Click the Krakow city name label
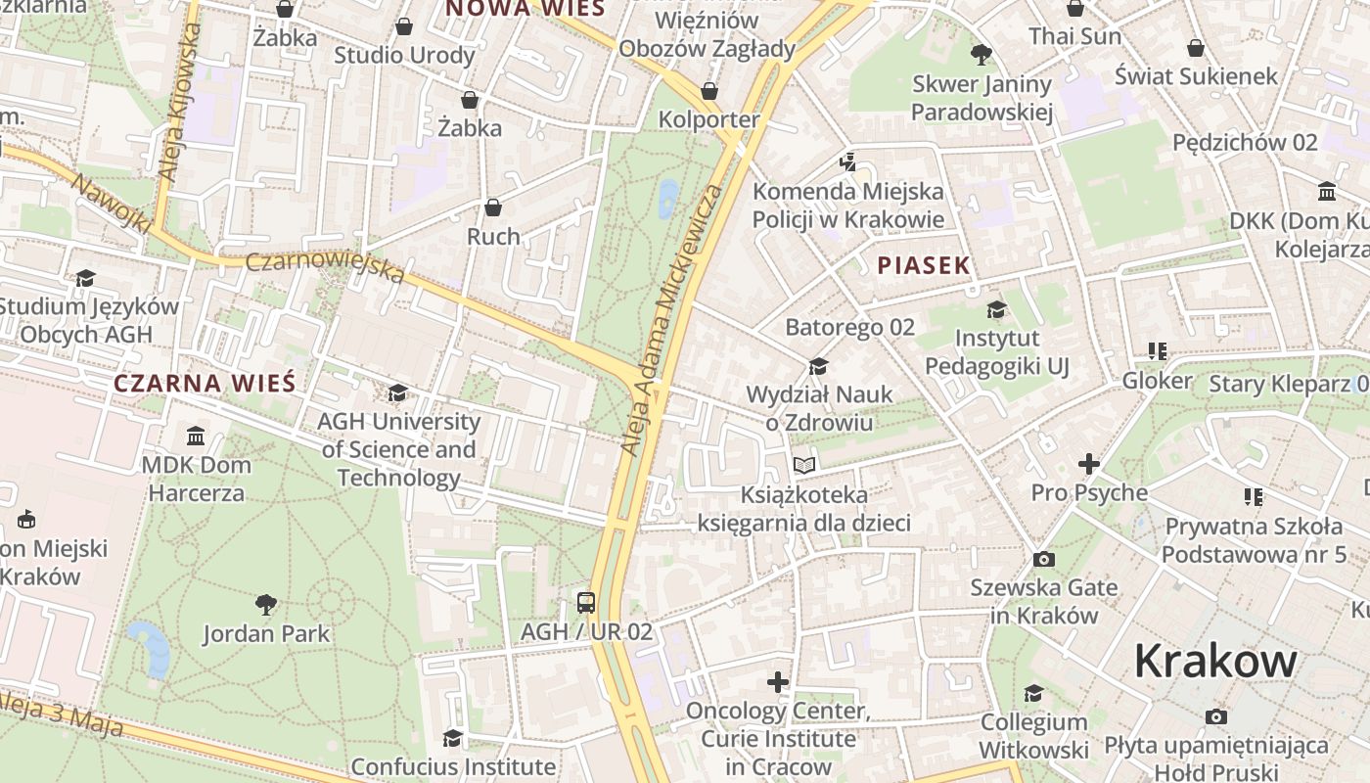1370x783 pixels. tap(1215, 663)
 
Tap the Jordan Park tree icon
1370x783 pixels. tap(265, 604)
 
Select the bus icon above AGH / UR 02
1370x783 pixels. tap(586, 602)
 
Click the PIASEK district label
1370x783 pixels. tap(924, 265)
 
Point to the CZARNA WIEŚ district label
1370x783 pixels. tap(205, 383)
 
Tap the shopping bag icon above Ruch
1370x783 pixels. tap(493, 207)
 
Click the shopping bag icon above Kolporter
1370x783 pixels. tap(709, 91)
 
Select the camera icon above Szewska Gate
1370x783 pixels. tap(1044, 559)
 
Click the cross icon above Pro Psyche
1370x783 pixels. tap(1088, 463)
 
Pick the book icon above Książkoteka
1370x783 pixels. tap(804, 465)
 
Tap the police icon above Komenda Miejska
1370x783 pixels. tap(848, 161)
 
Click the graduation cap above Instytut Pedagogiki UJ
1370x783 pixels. tap(996, 310)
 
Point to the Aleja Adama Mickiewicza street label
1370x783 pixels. tap(674, 318)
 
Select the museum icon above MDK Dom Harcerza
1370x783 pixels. tap(196, 435)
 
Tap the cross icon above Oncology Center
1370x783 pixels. tap(778, 681)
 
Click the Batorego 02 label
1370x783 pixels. tap(849, 327)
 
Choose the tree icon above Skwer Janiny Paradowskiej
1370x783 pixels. tap(981, 55)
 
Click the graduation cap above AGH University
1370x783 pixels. tap(397, 393)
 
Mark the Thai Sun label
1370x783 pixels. tap(1074, 36)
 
